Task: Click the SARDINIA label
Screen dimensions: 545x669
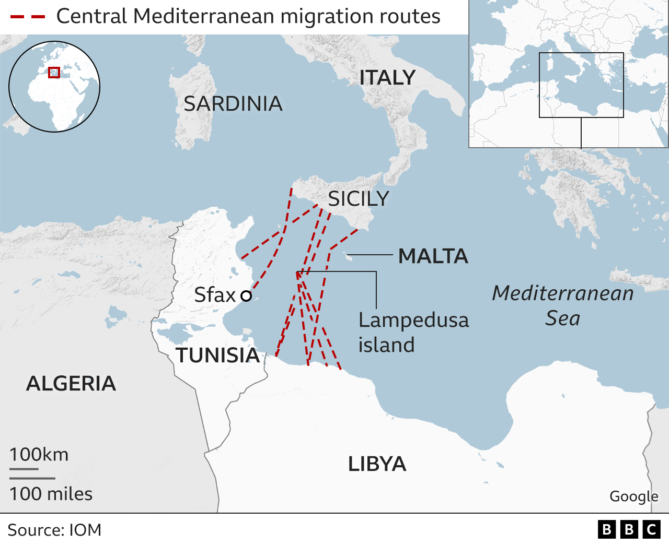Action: click(233, 104)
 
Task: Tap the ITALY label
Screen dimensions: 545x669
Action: click(387, 78)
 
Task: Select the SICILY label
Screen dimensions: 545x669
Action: click(359, 199)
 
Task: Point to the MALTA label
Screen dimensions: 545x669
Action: click(433, 256)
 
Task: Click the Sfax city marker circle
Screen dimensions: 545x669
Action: click(246, 296)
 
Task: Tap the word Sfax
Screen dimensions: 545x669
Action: click(215, 295)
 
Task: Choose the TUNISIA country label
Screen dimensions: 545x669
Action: click(217, 356)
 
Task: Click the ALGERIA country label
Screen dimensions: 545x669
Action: click(71, 384)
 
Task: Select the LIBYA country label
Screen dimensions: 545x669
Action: click(377, 464)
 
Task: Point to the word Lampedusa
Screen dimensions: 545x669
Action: click(413, 320)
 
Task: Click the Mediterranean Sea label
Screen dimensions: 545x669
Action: click(563, 305)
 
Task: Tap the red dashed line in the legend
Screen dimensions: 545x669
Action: click(28, 17)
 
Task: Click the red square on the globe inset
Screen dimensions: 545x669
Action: click(54, 73)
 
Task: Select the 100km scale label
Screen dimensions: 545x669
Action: click(39, 455)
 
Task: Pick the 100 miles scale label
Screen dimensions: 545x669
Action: click(51, 494)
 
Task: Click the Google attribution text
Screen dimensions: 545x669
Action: click(633, 496)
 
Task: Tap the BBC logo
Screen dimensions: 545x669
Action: click(629, 530)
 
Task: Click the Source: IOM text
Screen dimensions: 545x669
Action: click(54, 530)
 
